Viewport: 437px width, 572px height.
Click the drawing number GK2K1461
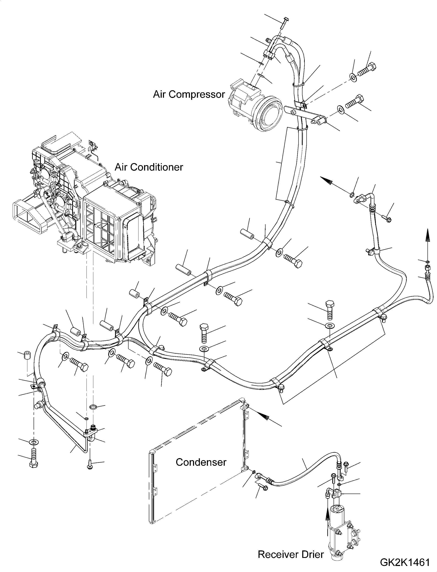tap(405, 562)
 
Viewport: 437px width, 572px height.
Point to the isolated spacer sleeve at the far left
tap(26, 355)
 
